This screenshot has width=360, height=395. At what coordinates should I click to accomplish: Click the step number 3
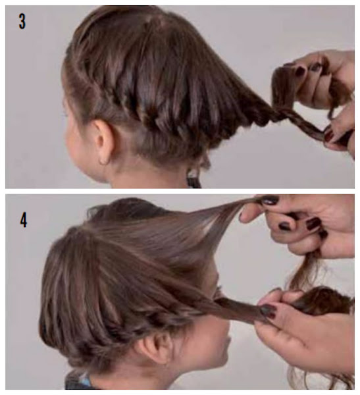click(x=22, y=22)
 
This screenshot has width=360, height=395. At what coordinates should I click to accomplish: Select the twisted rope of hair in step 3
click(x=297, y=121)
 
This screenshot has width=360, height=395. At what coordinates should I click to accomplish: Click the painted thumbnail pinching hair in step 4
click(x=268, y=310)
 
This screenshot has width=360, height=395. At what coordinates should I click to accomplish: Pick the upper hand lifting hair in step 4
click(x=302, y=226)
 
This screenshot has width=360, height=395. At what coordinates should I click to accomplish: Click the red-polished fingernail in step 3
click(x=329, y=136)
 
